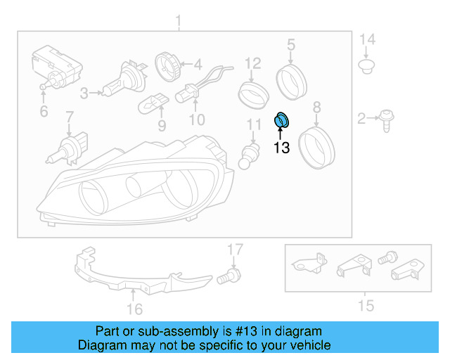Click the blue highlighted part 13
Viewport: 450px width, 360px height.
coord(282,120)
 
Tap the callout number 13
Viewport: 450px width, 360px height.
coord(281,148)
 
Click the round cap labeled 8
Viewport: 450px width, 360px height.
coord(316,145)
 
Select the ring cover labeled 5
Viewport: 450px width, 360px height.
coord(290,82)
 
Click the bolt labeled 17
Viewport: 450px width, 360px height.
coord(228,276)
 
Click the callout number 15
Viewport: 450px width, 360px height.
coord(366,305)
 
